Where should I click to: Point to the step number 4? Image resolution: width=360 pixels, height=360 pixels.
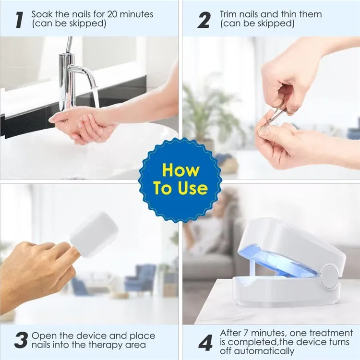[205, 343]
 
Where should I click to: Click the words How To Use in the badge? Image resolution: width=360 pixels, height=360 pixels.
[180, 179]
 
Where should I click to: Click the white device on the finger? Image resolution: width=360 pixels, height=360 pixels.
[94, 235]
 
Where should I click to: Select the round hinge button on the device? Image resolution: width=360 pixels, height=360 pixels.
[330, 277]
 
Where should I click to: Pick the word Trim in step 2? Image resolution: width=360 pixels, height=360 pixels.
[229, 14]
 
